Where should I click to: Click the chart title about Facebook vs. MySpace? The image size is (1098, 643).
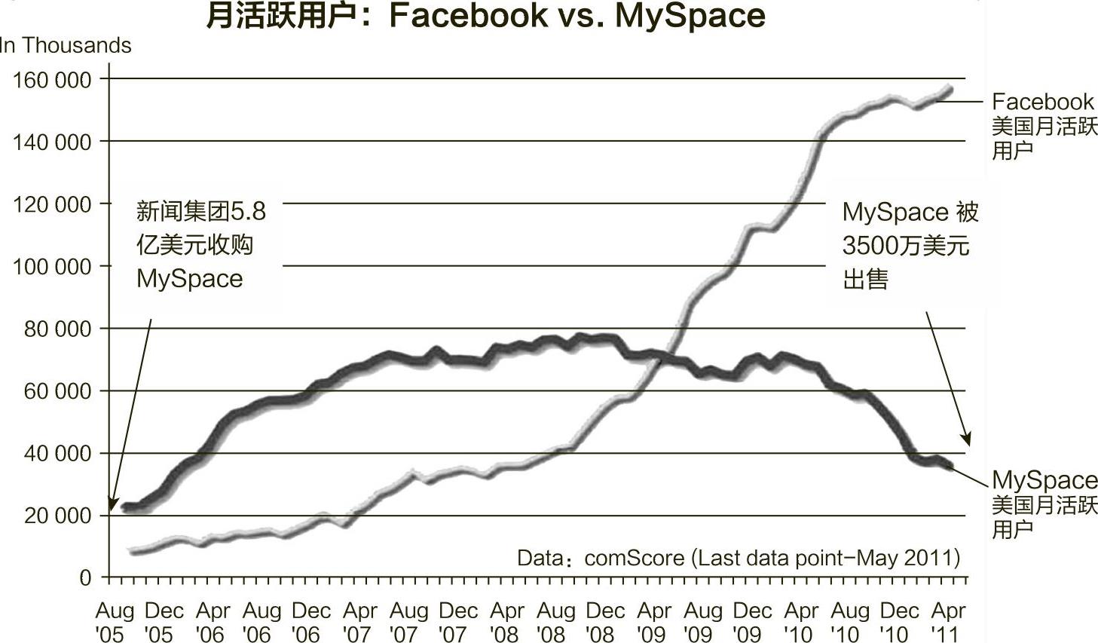[485, 16]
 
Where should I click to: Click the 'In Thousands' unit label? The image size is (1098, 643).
[66, 45]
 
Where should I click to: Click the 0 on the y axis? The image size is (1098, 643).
[85, 578]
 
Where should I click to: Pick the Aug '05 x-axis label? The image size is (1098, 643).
[114, 622]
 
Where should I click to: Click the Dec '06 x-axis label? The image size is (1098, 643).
[310, 622]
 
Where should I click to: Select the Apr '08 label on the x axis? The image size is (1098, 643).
[507, 622]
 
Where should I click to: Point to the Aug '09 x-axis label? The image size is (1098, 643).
[703, 622]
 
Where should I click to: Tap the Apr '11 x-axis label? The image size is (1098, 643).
[948, 622]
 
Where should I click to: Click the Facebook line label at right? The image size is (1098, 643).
[1044, 125]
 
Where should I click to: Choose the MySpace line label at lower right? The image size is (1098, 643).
[1044, 504]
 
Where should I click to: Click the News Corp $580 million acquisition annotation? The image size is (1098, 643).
[200, 245]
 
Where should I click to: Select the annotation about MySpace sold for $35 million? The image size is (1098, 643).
[910, 246]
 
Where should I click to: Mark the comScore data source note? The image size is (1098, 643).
[738, 558]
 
